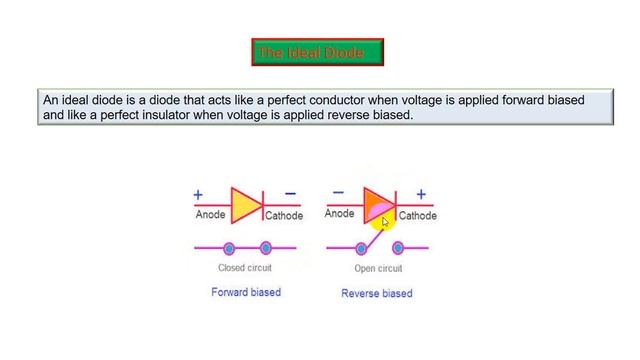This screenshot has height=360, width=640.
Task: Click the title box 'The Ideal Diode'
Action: [317, 52]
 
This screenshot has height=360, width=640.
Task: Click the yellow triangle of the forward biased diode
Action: [244, 204]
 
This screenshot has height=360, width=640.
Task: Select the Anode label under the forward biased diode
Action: [210, 214]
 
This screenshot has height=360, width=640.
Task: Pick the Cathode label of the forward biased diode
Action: [284, 215]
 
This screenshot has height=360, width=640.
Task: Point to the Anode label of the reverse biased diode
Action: [340, 213]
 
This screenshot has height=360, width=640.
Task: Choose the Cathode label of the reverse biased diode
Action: [417, 215]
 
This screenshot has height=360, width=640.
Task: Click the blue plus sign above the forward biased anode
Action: [198, 195]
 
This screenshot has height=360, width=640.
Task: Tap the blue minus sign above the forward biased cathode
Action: [290, 194]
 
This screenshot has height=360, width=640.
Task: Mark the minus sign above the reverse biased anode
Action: [338, 193]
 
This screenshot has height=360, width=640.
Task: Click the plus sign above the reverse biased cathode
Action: [421, 194]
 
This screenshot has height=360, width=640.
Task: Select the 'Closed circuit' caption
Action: [246, 268]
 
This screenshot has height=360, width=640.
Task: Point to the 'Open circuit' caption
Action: [378, 269]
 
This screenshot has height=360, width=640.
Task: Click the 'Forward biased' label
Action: [246, 292]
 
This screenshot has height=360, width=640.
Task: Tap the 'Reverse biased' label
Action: [377, 293]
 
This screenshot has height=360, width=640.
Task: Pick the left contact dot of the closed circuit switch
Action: [229, 248]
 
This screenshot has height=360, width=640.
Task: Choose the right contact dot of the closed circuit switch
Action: [265, 248]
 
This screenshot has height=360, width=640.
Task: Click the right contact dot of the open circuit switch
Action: [396, 247]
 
